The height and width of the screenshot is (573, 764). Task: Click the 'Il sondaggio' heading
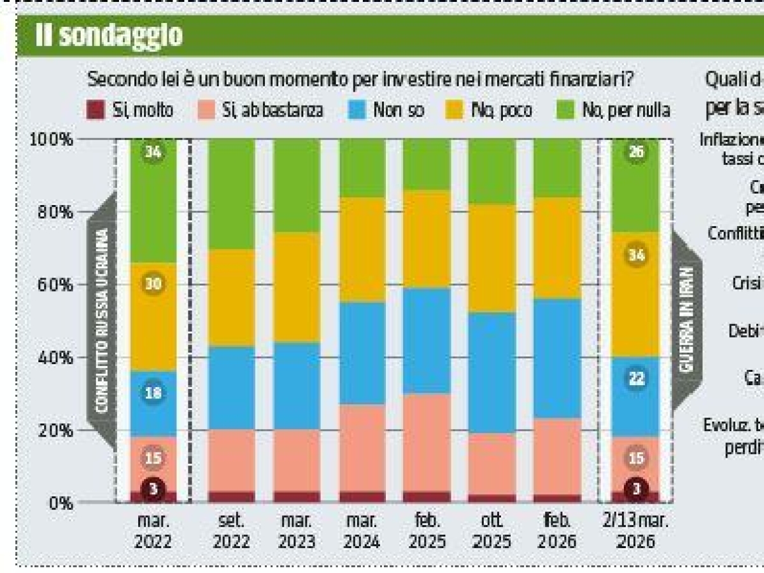point(109,36)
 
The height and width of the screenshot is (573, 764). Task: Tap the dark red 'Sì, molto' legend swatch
point(95,110)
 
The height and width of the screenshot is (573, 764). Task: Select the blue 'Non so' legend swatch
point(357,110)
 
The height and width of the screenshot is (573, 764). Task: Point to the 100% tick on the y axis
point(52,139)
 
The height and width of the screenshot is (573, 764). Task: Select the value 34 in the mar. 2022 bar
point(153,153)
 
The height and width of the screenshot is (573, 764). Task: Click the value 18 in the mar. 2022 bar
point(153,393)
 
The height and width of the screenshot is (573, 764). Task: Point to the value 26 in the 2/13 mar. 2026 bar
point(635,153)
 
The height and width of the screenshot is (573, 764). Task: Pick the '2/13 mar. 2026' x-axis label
point(635,531)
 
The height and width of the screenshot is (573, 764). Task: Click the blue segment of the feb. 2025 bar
point(427,341)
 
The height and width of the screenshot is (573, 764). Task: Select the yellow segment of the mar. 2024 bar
point(362,250)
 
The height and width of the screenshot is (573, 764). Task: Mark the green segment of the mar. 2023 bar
point(297,185)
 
